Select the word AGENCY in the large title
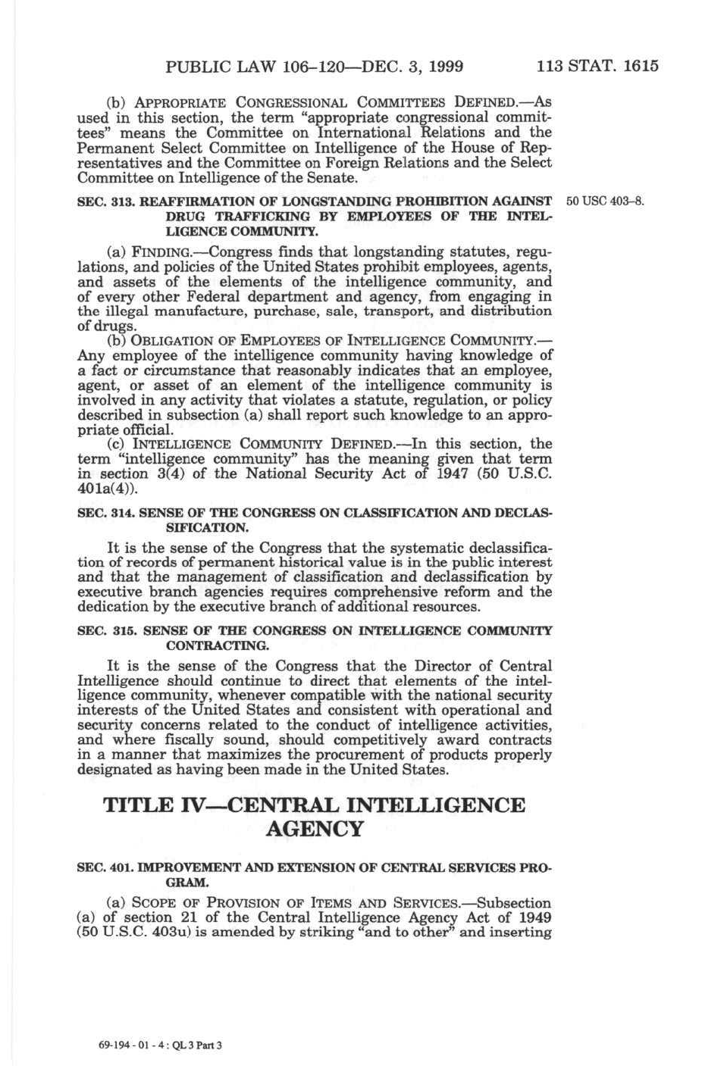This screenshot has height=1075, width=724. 314,829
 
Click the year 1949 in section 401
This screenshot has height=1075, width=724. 534,918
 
